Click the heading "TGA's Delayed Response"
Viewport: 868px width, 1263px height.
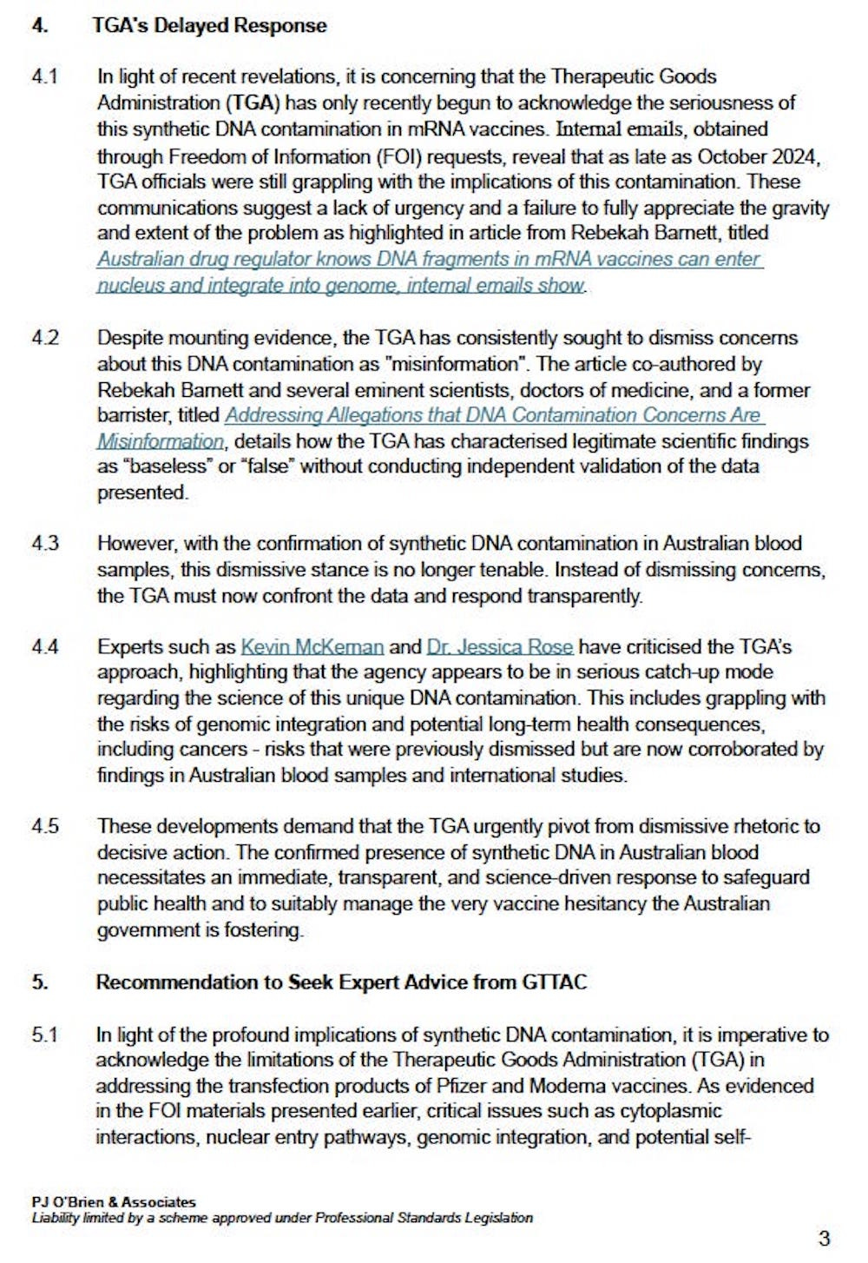tap(209, 25)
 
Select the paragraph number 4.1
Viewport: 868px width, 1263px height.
tap(45, 76)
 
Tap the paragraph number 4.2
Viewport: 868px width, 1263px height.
tap(45, 337)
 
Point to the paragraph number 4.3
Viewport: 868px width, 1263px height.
tap(45, 543)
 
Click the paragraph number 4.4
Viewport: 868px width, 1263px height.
tap(45, 646)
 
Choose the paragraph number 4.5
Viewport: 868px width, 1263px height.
tap(45, 825)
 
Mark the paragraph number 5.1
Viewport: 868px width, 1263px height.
tap(44, 1035)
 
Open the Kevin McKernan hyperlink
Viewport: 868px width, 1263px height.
tap(312, 646)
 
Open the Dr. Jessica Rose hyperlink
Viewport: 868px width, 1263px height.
tap(499, 646)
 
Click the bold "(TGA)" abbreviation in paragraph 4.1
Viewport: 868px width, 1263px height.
tap(253, 102)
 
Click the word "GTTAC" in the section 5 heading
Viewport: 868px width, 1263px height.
tap(555, 982)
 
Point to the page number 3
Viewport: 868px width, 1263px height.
tap(824, 1238)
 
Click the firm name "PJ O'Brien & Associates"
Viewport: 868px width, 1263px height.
tap(114, 1202)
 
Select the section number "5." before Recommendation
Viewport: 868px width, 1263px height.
tap(40, 982)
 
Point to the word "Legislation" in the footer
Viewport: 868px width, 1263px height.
tap(497, 1218)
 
